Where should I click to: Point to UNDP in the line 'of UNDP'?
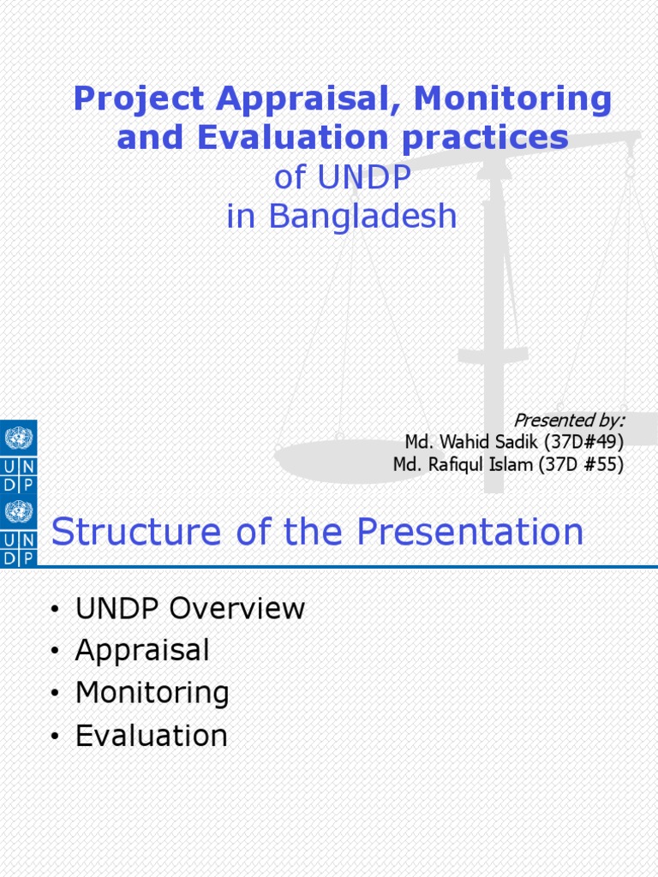pos(365,178)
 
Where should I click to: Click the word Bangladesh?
pos(363,217)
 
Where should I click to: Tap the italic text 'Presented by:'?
pos(568,420)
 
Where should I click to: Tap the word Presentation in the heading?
pos(470,532)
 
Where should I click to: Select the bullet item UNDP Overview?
pos(189,608)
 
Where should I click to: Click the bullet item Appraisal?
pos(142,650)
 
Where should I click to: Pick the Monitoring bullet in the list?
pos(152,692)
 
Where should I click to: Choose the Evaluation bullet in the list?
pos(151,735)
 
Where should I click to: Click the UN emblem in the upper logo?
pos(18,439)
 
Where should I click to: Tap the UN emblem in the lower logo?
pos(18,513)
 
